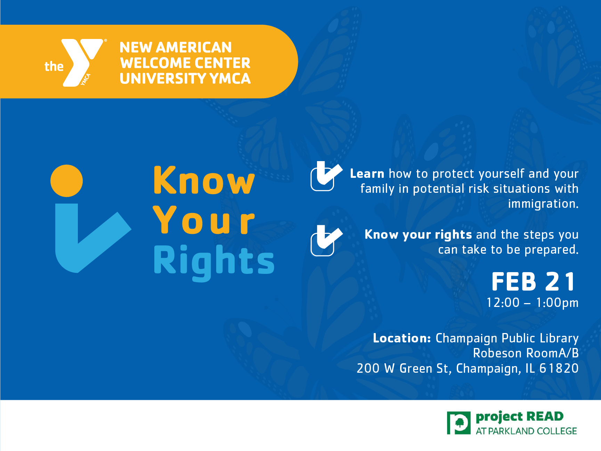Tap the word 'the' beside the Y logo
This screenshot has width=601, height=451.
pos(54,66)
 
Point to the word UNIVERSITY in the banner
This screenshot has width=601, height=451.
pos(163,79)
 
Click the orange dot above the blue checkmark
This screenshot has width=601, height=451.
pos(66,181)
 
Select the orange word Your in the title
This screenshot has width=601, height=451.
pos(204,220)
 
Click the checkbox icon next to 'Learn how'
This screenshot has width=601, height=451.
pos(325,176)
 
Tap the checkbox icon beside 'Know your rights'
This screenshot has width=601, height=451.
pos(325,240)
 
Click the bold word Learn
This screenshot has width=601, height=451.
pos(367,174)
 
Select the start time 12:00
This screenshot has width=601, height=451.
pos(503,303)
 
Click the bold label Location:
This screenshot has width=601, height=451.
pos(402,338)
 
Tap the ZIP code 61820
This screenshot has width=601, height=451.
pos(559,369)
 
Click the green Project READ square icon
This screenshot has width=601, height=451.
pos(458,423)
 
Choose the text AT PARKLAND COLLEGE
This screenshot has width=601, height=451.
pos(526,431)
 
